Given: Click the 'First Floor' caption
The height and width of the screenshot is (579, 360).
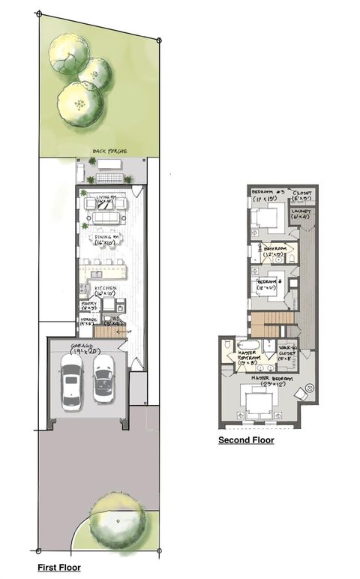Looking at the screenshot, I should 59,568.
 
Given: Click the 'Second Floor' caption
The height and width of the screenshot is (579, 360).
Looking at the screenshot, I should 246,440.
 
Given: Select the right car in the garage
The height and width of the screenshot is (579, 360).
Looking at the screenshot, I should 103,378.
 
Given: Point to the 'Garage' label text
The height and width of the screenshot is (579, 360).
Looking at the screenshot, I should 87,348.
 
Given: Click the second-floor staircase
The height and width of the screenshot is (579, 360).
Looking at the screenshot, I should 268,323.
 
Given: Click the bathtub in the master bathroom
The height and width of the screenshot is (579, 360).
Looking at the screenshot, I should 248,344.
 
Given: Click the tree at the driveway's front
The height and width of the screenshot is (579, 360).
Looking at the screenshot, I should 117,519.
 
